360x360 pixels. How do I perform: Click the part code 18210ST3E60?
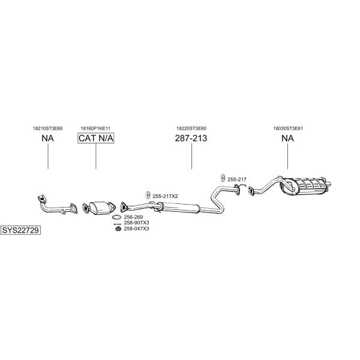coord(48,128)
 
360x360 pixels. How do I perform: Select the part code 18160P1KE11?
coord(95,128)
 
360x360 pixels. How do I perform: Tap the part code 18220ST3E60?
coord(191,128)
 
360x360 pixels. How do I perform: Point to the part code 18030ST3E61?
coord(288,128)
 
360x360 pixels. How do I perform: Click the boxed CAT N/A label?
coord(96,138)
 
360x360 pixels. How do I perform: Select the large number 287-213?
coord(191,138)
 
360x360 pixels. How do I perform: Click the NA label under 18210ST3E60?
coord(48,138)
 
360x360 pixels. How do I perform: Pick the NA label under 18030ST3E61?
coord(287,138)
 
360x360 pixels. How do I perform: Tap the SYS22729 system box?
coord(20,230)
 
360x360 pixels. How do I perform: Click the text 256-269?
coord(133,217)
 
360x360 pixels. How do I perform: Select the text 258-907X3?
coord(136,223)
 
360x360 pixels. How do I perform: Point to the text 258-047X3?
coord(136,229)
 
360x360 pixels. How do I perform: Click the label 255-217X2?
coord(166,196)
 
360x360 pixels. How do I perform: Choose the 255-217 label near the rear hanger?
coord(237,179)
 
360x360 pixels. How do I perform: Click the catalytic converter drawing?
coord(99,208)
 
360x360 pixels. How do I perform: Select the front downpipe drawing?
coord(57,205)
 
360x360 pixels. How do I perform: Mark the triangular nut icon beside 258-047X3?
coord(118,229)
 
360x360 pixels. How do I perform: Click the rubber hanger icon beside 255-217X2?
coord(148,195)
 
